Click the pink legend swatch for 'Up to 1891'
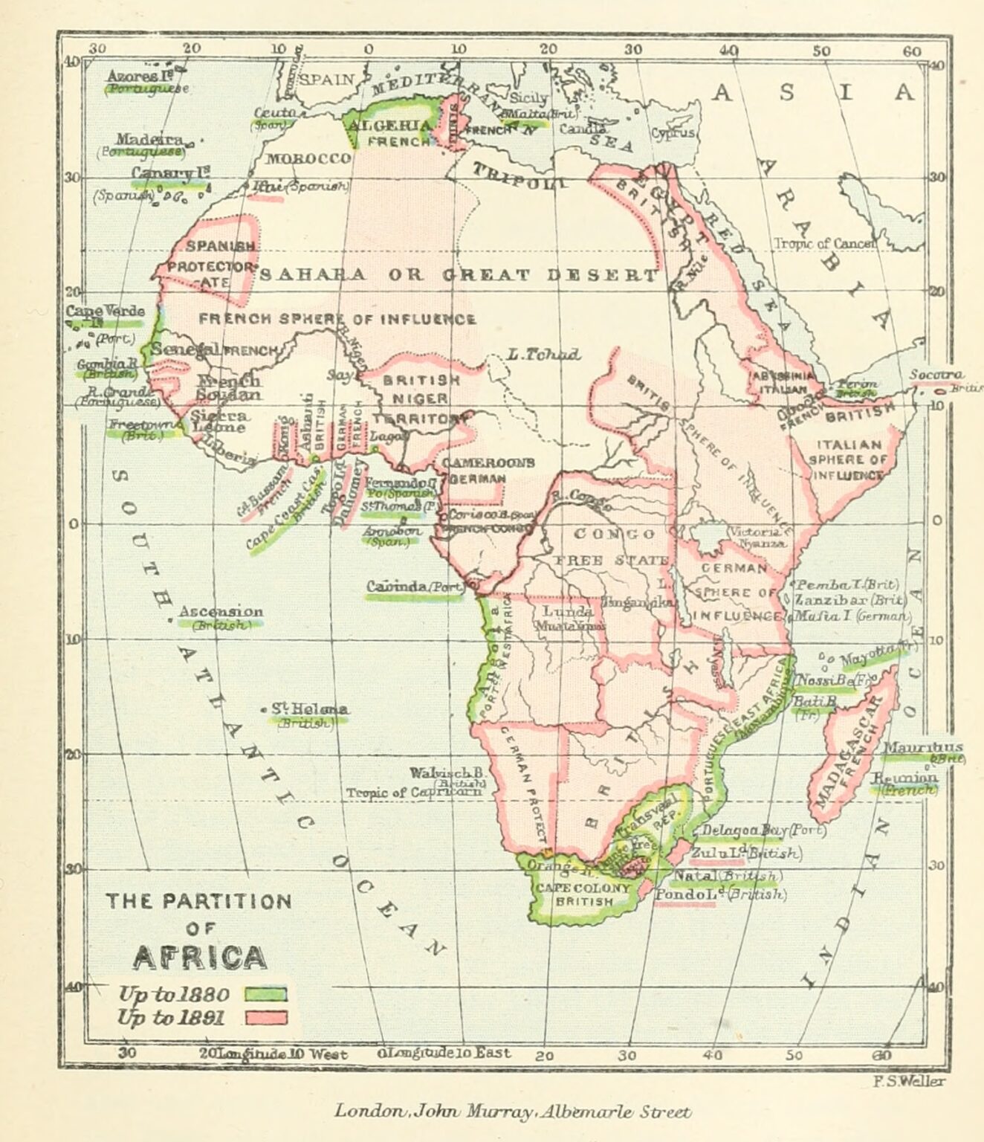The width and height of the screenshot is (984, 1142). [265, 1018]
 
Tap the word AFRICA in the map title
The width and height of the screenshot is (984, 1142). [199, 958]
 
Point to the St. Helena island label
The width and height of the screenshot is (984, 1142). [310, 709]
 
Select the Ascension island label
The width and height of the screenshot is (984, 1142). [221, 612]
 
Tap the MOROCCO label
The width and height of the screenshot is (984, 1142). [308, 158]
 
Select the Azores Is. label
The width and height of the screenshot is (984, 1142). [134, 76]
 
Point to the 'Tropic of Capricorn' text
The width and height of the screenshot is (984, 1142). [413, 793]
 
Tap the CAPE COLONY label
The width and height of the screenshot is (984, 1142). [583, 888]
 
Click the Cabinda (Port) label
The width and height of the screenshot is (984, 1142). [415, 587]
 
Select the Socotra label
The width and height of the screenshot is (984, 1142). [937, 374]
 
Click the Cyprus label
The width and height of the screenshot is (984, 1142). [673, 132]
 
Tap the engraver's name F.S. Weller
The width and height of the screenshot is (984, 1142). [909, 1081]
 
